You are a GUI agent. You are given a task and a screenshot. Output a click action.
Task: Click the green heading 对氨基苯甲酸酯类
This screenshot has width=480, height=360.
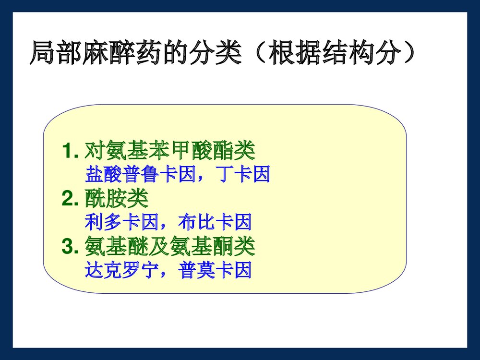(169, 151)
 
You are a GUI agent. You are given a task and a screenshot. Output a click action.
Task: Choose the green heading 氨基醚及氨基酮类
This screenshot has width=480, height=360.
(169, 248)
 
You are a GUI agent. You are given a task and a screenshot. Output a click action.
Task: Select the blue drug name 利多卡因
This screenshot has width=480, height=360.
(121, 223)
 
